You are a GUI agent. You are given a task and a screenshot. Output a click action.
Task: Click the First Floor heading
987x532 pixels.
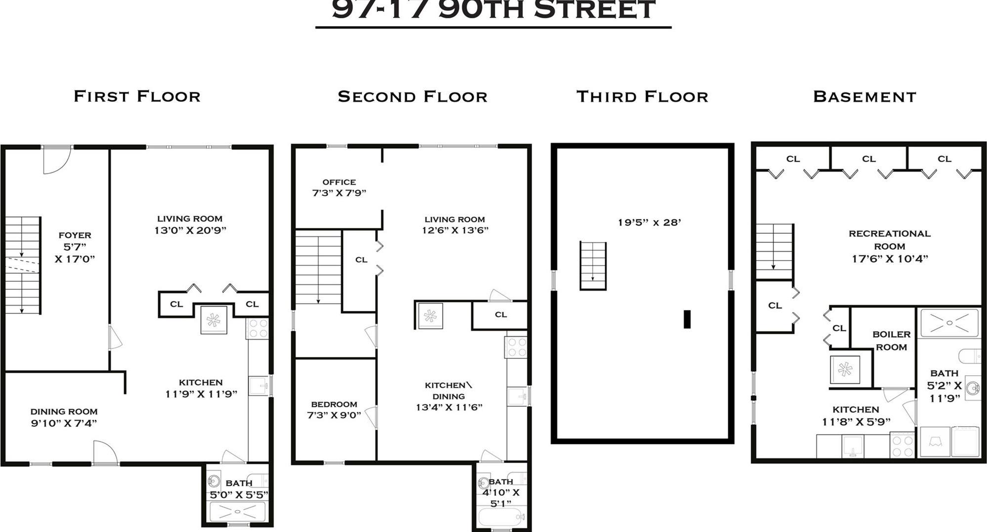pyautogui.click(x=137, y=96)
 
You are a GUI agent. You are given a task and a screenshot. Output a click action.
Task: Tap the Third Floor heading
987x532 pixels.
pyautogui.click(x=642, y=96)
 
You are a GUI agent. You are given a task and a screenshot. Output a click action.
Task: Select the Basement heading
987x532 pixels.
pyautogui.click(x=864, y=96)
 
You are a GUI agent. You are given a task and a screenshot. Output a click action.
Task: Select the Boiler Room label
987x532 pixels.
pyautogui.click(x=891, y=341)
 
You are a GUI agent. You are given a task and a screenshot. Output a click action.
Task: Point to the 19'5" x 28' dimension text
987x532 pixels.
pyautogui.click(x=649, y=222)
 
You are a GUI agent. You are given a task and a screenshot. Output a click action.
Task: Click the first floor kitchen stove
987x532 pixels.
pyautogui.click(x=257, y=328)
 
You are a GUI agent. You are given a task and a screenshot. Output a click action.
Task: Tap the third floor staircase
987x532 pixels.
pyautogui.click(x=593, y=266)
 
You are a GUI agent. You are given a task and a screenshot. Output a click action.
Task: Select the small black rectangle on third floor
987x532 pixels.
pyautogui.click(x=687, y=319)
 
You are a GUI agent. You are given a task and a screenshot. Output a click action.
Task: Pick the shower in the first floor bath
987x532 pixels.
pyautogui.click(x=237, y=511)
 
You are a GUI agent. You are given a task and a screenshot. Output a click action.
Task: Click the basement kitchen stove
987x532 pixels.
pyautogui.click(x=902, y=444)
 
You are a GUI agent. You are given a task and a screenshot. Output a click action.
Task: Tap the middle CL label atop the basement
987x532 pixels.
pyautogui.click(x=869, y=159)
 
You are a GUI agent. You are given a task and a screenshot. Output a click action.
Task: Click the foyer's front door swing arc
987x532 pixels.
pyautogui.click(x=56, y=162)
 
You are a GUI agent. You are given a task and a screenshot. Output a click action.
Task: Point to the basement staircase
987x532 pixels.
pyautogui.click(x=774, y=251)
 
